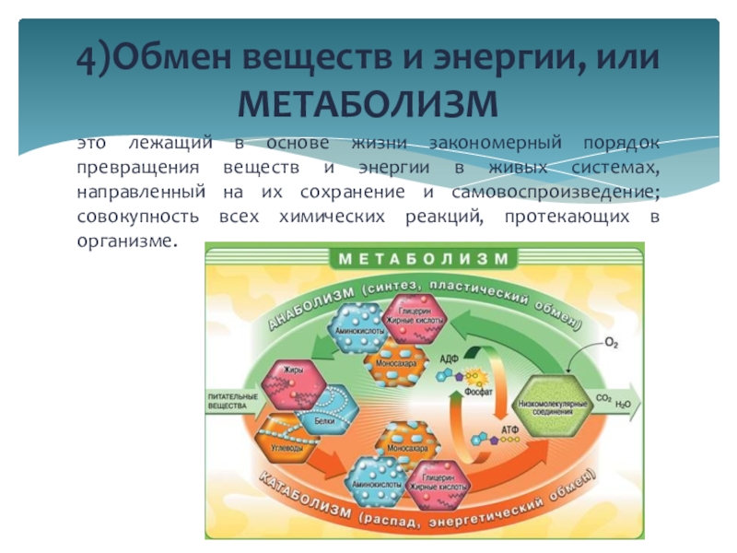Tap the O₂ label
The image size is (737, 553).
(x=612, y=344)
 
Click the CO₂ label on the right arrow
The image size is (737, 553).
(x=604, y=398)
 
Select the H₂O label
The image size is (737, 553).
(x=624, y=403)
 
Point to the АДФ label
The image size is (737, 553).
(x=450, y=360)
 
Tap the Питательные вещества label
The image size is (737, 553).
(x=227, y=401)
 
